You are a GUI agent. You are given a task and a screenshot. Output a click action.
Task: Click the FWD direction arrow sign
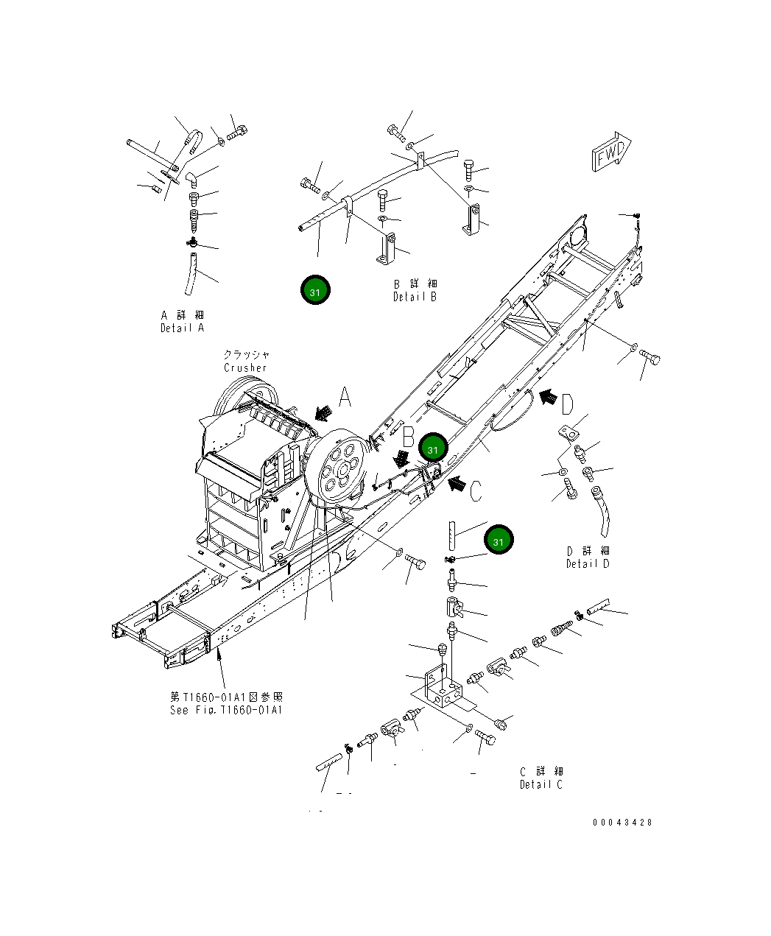tap(610, 154)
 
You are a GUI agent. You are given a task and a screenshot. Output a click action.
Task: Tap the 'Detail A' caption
tap(182, 328)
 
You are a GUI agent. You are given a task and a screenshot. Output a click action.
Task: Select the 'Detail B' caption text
tap(415, 297)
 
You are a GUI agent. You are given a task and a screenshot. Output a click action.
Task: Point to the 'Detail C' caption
tap(541, 784)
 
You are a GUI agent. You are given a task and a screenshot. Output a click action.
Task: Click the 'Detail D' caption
tap(588, 563)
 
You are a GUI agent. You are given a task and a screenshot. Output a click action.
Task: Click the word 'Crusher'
tap(246, 367)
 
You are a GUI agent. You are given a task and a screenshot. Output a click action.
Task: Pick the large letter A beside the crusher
tap(345, 398)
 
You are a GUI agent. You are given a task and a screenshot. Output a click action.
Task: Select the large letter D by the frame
tap(567, 404)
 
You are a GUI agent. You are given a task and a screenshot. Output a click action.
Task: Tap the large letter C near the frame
tap(476, 490)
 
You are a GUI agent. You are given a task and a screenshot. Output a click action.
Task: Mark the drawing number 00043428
tap(622, 823)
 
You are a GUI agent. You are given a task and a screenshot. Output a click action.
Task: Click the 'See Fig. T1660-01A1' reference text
tap(226, 710)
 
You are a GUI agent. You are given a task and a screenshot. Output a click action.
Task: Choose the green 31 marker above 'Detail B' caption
tap(315, 291)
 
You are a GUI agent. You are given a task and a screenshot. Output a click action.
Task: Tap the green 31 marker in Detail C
tap(499, 541)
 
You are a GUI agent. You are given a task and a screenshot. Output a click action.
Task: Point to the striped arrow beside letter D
tap(547, 398)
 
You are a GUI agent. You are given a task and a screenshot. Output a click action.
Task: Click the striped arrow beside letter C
tap(456, 484)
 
